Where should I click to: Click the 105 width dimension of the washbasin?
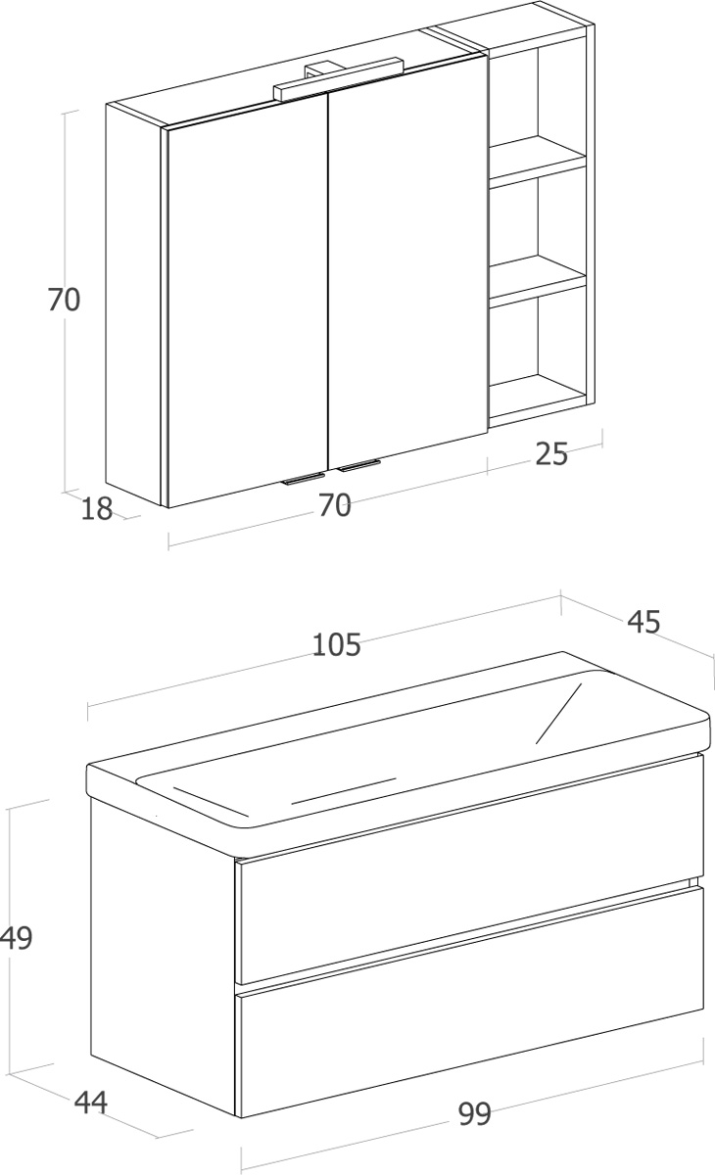coord(336,644)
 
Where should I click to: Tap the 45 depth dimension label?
coord(643,622)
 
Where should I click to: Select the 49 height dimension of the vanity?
coord(17,937)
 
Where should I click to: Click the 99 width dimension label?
coord(475,1113)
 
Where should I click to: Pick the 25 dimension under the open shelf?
coord(551,453)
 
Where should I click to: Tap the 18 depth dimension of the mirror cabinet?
coord(97,508)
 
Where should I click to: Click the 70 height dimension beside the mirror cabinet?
coord(64,300)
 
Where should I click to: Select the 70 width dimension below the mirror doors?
coord(335,505)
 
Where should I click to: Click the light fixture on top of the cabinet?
coord(338,78)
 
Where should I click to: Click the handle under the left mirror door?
coord(303,479)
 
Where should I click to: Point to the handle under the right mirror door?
coord(358,465)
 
